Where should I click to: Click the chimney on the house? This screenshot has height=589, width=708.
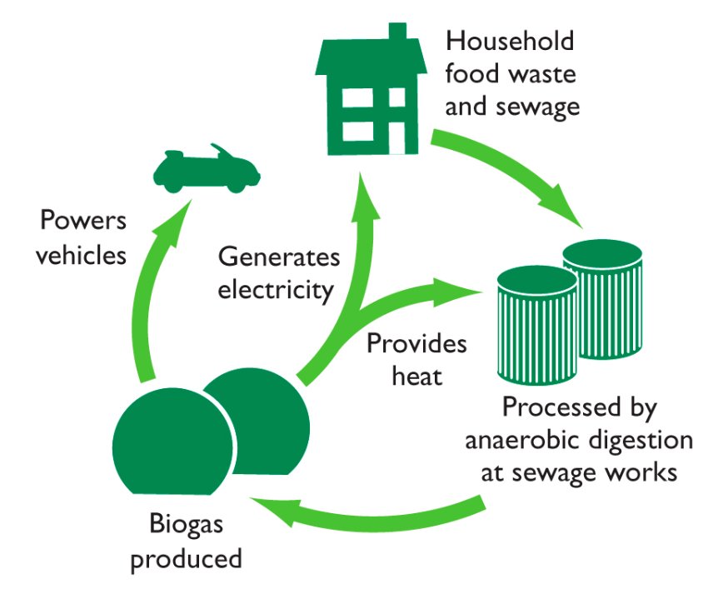pyautogui.click(x=397, y=32)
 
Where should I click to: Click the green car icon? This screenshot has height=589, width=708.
pyautogui.click(x=207, y=168)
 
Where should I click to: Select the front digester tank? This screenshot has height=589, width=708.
pyautogui.click(x=537, y=325)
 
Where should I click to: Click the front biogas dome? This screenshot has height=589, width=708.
pyautogui.click(x=173, y=442)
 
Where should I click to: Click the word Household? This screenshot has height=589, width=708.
pyautogui.click(x=510, y=41)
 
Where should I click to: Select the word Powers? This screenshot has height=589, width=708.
pyautogui.click(x=83, y=221)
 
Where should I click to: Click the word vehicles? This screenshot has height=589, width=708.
pyautogui.click(x=82, y=255)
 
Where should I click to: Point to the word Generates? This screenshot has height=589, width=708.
pyautogui.click(x=279, y=257)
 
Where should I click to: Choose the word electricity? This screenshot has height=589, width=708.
pyautogui.click(x=276, y=290)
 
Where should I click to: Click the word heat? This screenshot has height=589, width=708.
pyautogui.click(x=416, y=376)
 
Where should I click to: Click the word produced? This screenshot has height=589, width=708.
pyautogui.click(x=186, y=559)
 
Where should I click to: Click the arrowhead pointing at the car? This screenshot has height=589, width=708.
pyautogui.click(x=174, y=221)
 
